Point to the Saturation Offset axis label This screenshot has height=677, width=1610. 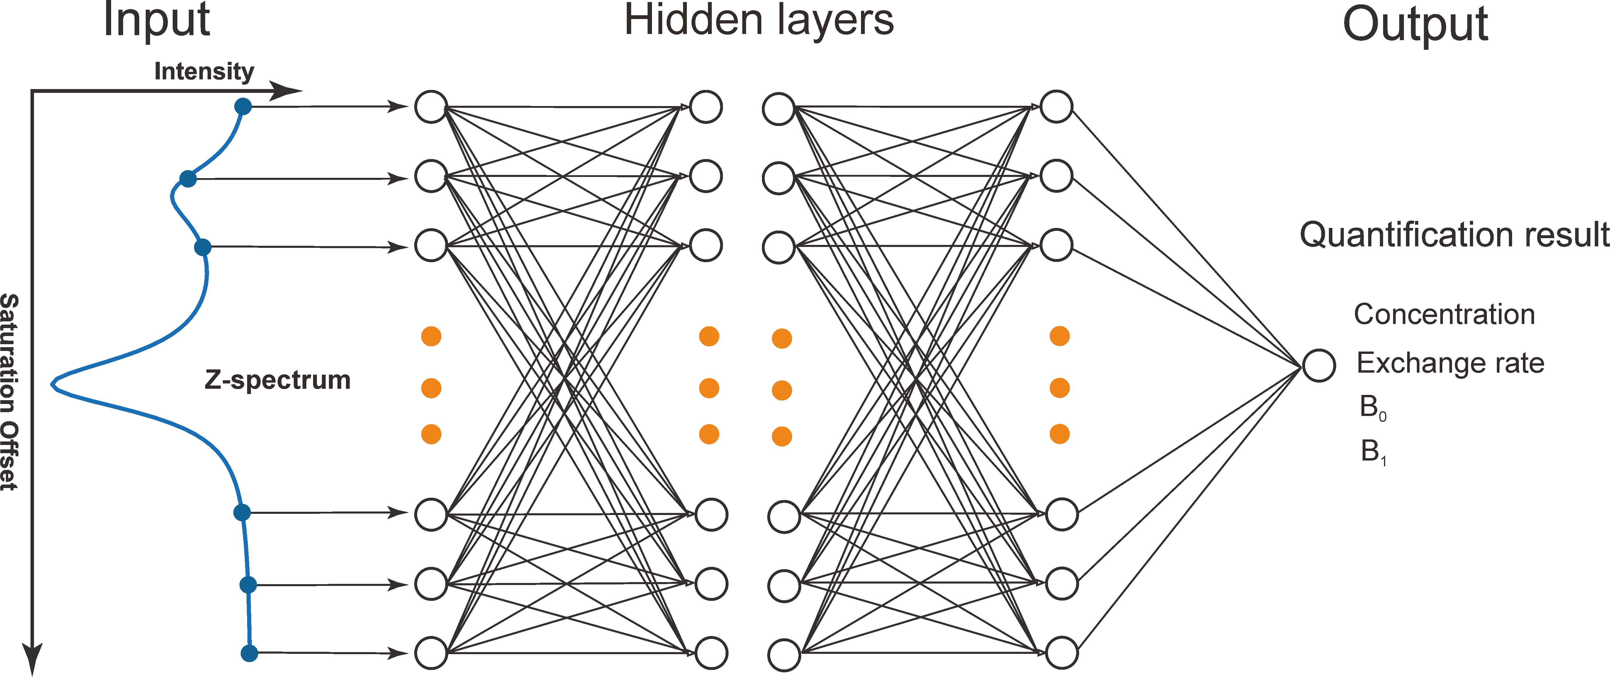pos(9,392)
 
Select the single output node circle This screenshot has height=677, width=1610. pos(1319,365)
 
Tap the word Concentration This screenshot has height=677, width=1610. pos(1444,314)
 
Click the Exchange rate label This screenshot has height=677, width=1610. pos(1450,363)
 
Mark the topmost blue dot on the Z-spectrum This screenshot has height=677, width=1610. pos(243,107)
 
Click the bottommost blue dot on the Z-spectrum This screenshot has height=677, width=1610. pos(249,653)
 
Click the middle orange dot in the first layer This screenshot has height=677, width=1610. pos(431,388)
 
